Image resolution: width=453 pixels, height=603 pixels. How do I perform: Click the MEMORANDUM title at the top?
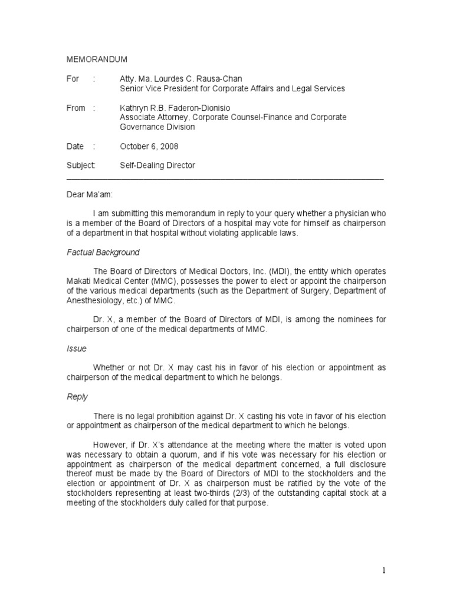coord(96,60)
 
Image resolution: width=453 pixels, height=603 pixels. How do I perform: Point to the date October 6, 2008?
coord(149,146)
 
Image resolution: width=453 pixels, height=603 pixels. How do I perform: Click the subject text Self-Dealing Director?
coord(157,165)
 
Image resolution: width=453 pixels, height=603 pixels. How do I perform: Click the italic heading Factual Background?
coord(103,252)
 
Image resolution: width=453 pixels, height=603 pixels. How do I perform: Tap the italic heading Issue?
coord(76,348)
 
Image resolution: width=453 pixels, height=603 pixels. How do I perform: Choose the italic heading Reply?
coord(77,396)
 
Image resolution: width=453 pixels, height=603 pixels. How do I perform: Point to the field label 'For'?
coord(73,79)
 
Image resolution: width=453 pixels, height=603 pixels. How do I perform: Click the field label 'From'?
coord(75,108)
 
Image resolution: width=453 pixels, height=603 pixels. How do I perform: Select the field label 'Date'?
coord(75,146)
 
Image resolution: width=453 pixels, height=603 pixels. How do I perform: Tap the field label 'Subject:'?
coord(81,165)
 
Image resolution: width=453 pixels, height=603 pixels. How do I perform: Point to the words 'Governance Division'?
coord(157,127)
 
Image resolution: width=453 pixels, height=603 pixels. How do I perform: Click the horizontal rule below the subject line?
coord(225,177)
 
